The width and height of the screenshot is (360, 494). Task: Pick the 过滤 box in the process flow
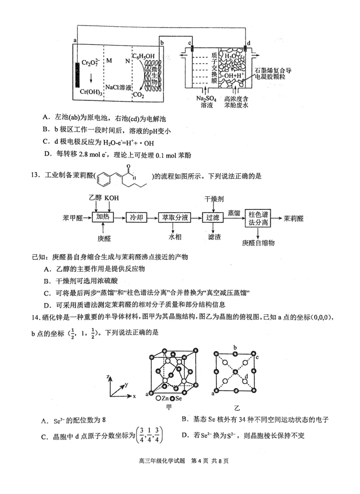(x=212, y=218)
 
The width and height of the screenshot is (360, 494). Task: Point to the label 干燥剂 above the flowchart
(x=213, y=199)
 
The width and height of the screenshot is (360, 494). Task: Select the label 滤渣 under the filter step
(x=212, y=236)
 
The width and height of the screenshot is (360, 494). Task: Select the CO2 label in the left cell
(x=138, y=95)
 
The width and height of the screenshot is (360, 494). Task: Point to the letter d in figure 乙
(x=246, y=376)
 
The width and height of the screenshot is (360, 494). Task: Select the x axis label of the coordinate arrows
(x=134, y=396)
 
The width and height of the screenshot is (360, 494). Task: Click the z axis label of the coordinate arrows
(x=108, y=375)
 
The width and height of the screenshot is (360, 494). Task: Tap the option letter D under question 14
(x=184, y=435)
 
